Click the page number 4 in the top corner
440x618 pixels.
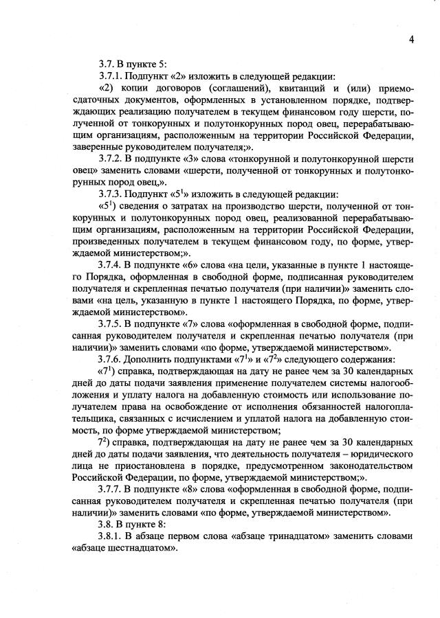tap(411, 38)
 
